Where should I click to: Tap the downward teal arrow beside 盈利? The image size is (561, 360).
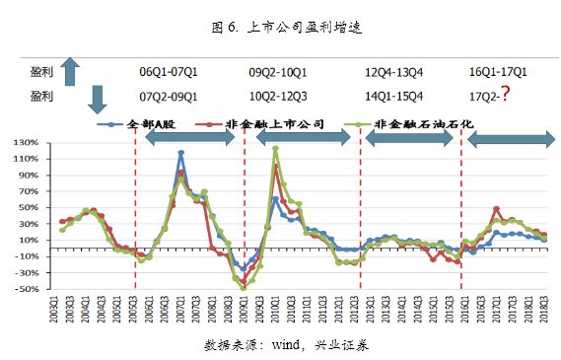coord(97,98)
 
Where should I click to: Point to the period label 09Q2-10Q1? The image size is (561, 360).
coord(280,72)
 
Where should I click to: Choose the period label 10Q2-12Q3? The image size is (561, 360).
coord(280,96)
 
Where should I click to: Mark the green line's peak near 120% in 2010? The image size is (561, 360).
coord(275,149)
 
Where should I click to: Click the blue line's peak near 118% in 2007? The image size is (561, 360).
coord(181,153)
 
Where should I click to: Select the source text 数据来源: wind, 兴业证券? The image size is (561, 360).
coord(285,345)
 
